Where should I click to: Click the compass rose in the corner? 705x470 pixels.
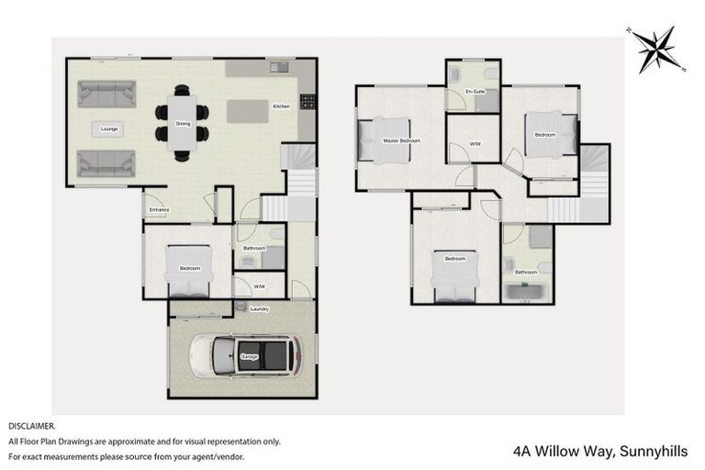click(655, 49)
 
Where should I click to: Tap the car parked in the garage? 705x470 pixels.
click(246, 355)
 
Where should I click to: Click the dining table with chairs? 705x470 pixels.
click(182, 123)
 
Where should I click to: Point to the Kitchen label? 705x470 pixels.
click(281, 106)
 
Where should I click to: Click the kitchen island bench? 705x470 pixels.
click(248, 111)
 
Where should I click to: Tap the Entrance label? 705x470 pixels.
click(158, 210)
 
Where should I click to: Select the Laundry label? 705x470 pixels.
click(260, 308)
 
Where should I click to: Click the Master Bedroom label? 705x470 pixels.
click(401, 140)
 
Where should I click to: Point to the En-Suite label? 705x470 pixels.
click(475, 92)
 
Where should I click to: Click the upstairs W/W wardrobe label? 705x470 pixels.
click(475, 144)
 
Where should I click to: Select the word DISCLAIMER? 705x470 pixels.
click(32, 427)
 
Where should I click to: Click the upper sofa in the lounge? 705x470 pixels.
click(107, 94)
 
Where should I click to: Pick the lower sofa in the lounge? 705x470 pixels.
click(107, 163)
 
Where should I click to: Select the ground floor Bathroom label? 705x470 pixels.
click(254, 248)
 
